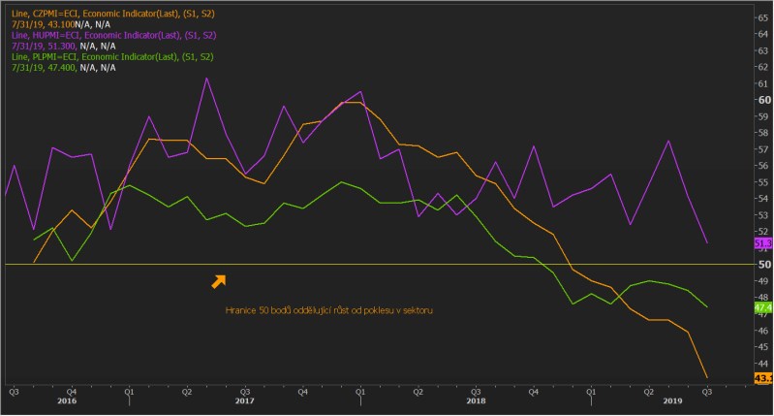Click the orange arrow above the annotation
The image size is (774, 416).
[x=219, y=281]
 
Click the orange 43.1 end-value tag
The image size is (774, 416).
[x=761, y=378]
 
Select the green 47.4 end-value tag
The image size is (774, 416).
[x=761, y=307]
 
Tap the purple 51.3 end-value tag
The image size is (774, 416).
[x=761, y=243]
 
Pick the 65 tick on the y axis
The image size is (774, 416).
[x=764, y=17]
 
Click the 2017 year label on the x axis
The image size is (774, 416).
[x=244, y=400]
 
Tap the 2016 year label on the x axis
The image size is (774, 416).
[x=67, y=400]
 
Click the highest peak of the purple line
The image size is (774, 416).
[x=206, y=79]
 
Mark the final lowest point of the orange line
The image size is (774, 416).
[x=706, y=377]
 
